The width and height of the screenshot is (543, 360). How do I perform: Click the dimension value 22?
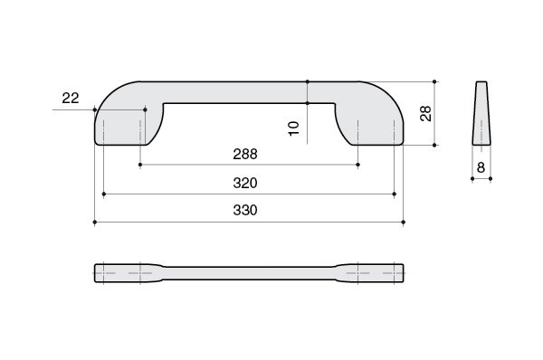pos(71,99)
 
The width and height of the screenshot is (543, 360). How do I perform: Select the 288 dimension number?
pos(245,155)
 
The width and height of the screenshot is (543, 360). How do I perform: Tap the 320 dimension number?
pos(245,183)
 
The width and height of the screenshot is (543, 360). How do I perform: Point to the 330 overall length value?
pos(245,211)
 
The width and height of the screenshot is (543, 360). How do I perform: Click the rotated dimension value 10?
pos(293,128)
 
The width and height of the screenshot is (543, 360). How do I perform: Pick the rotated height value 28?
pos(425,114)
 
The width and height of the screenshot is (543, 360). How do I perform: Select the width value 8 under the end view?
pos(481,168)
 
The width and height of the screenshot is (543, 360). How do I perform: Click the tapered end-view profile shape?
pos(481,113)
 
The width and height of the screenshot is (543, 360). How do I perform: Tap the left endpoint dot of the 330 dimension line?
pos(94,222)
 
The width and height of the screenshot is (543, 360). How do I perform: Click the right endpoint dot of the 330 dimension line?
pos(403,222)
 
